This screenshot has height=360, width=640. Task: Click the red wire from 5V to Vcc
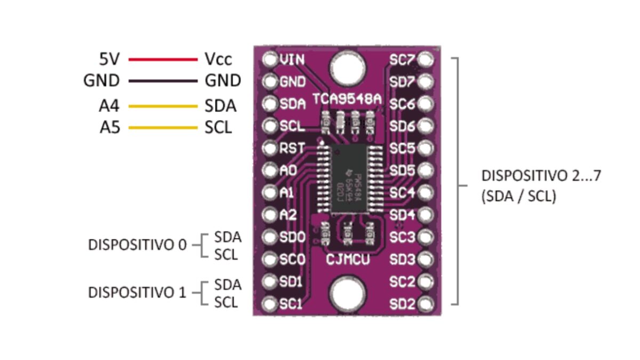tap(163, 59)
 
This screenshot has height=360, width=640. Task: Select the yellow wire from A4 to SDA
tap(163, 106)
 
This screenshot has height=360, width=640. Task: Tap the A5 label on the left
tap(109, 128)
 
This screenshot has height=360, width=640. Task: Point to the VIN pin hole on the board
tap(270, 59)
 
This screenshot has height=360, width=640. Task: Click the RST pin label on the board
tap(292, 148)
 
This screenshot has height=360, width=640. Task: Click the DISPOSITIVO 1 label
tap(138, 292)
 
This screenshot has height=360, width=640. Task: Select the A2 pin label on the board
tap(288, 214)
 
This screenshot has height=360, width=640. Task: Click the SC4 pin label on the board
tap(402, 193)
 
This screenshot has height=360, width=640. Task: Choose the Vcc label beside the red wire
tap(219, 59)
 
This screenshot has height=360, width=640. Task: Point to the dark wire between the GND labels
tap(163, 82)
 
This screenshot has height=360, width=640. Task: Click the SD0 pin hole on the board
tap(270, 237)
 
